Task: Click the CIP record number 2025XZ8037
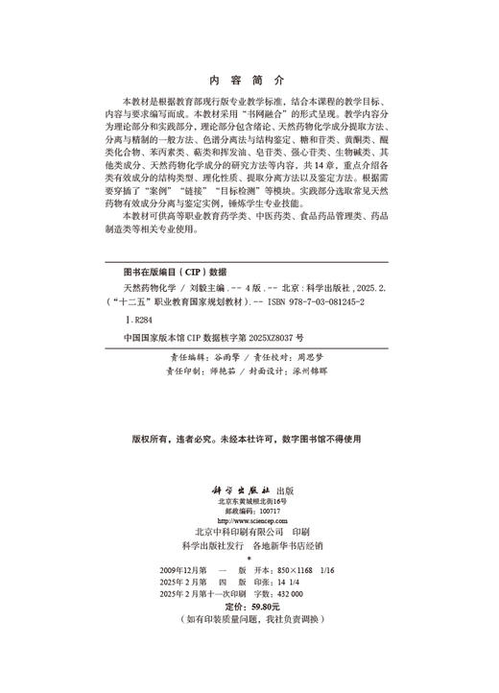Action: (270, 339)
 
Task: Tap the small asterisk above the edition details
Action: (249, 557)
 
